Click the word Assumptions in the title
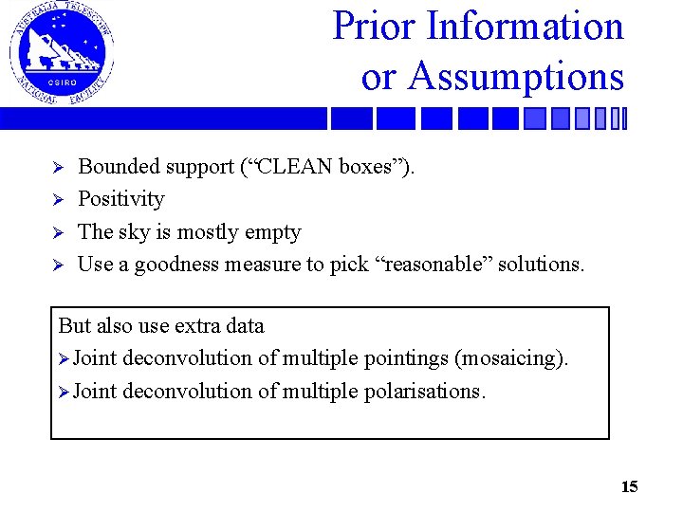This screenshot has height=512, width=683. (x=516, y=76)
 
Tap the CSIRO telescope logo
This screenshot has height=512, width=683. (x=61, y=53)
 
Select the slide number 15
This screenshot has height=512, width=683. (x=629, y=487)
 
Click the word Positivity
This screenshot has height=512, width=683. (x=120, y=199)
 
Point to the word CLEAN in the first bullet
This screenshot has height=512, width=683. (x=295, y=167)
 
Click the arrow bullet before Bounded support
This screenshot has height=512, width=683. (x=57, y=168)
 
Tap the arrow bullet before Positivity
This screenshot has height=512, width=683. (x=57, y=200)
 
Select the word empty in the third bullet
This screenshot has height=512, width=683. (x=270, y=232)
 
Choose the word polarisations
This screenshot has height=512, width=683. (x=424, y=392)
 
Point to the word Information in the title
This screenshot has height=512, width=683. (x=526, y=27)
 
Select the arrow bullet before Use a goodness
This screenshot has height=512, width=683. (x=57, y=265)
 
